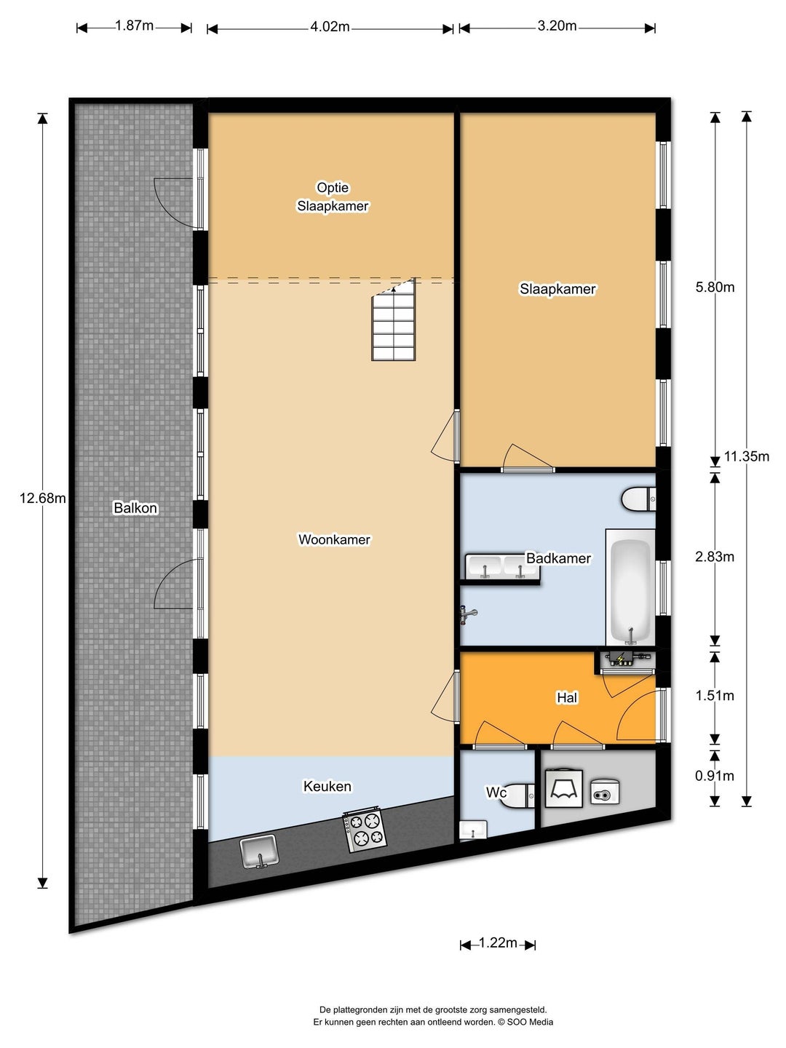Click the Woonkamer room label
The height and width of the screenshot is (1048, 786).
coord(334,539)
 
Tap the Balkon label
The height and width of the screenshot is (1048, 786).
coord(135,507)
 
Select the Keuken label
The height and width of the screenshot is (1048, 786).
coord(327,786)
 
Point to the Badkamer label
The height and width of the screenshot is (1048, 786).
coord(558,557)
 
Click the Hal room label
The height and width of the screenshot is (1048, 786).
coord(567,697)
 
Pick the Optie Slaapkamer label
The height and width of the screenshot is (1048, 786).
coord(333,196)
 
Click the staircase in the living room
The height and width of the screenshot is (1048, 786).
coord(394,319)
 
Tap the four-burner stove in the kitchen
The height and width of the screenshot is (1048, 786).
coord(364,832)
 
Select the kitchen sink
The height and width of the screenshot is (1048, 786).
coord(259,852)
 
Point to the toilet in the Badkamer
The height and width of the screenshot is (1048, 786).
coord(638,499)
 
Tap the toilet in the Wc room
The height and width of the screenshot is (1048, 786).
coord(517,795)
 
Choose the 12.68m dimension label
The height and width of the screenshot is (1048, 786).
coord(42,499)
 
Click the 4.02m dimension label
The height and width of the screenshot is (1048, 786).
coord(330,26)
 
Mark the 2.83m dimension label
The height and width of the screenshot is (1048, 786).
coord(715,557)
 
